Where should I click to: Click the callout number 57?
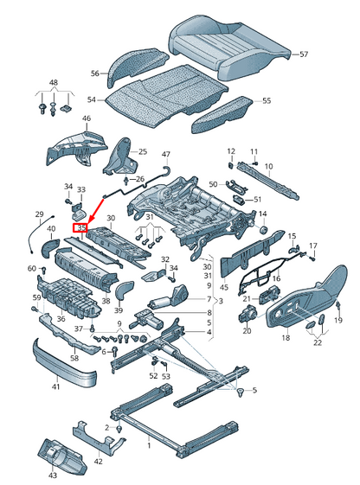pos(303,54)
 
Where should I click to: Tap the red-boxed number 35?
pos(82,228)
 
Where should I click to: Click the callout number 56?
pos(96,73)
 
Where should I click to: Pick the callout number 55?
pos(266,101)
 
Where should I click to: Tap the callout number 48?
pos(54,84)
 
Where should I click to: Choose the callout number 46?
pos(87,118)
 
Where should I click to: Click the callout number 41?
pos(55,386)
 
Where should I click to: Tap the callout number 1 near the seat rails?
pos(147,445)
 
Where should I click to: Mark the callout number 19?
pos(338,321)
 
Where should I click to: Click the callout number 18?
pos(285,338)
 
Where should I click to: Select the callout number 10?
pos(268,166)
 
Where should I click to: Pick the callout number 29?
pos(39,214)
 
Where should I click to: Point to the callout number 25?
pos(143,151)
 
